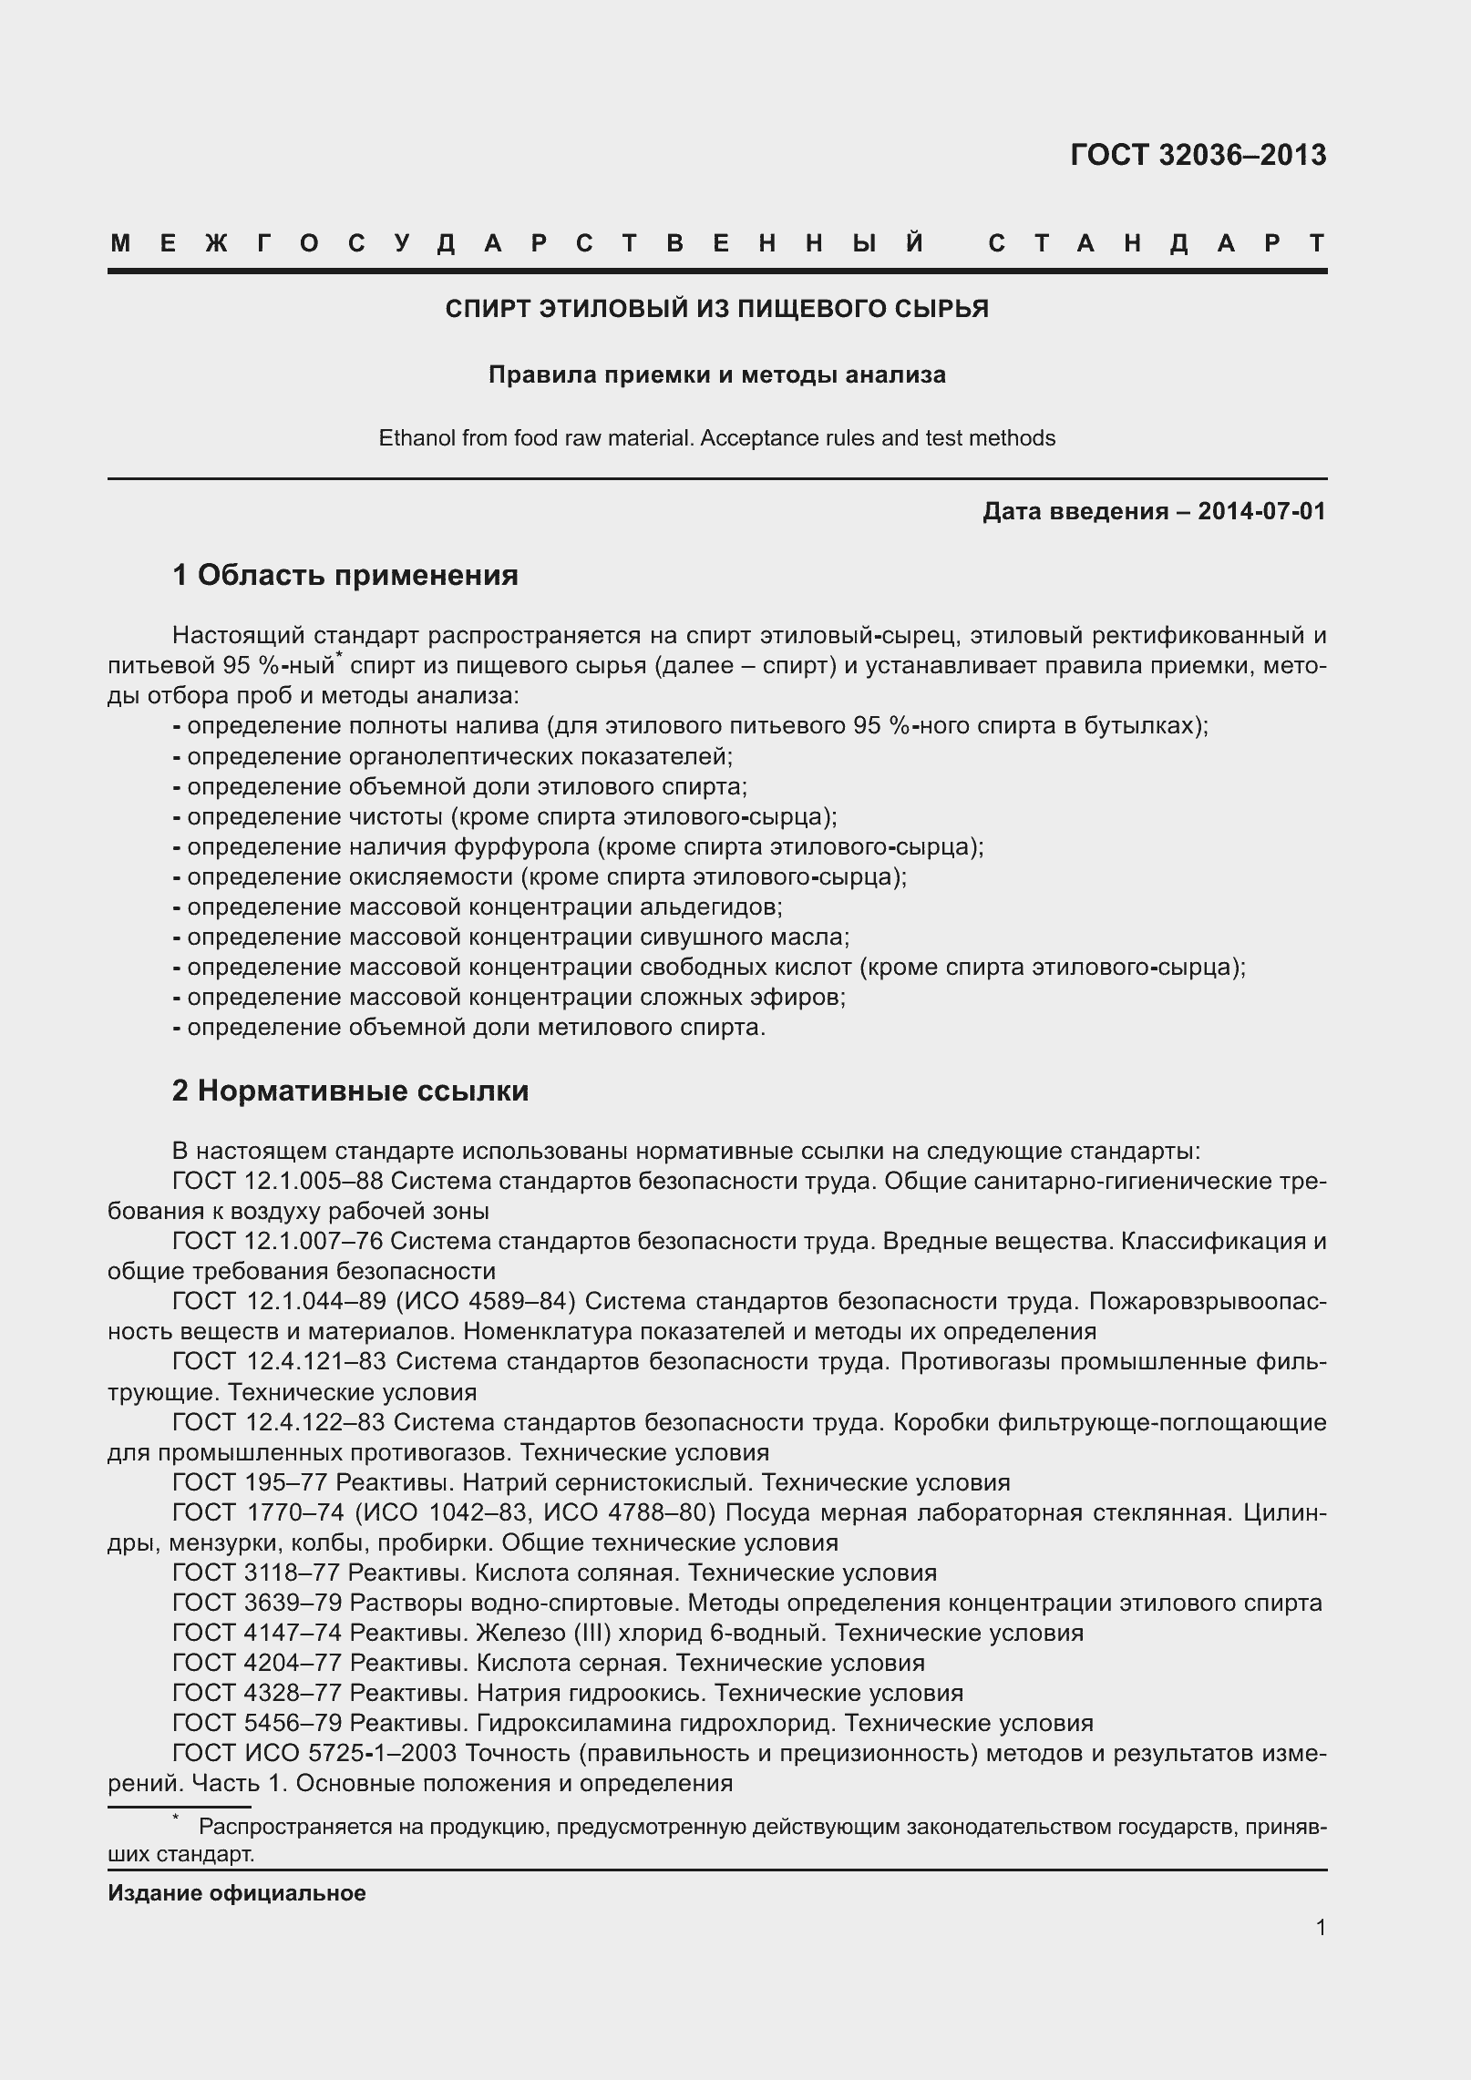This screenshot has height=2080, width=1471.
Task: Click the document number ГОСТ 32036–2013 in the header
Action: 1198,156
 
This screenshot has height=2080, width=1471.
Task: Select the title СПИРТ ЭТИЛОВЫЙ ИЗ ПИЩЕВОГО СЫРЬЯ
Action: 716,309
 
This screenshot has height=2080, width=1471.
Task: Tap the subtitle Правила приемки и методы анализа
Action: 716,374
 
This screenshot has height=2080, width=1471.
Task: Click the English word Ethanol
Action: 416,438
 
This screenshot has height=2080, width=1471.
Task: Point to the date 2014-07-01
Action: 1261,511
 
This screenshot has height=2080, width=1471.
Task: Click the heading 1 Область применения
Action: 345,575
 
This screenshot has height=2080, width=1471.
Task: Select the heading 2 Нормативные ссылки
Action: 350,1091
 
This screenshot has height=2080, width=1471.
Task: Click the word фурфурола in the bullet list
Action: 519,846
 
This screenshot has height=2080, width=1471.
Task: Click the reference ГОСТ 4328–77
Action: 256,1693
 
